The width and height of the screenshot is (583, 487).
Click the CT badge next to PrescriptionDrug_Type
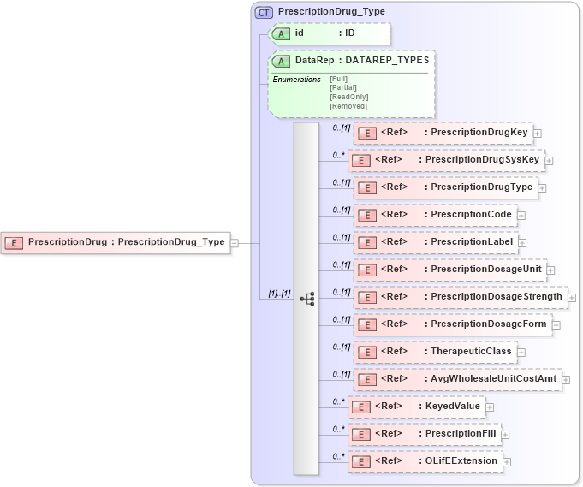(x=265, y=12)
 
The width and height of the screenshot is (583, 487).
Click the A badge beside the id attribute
(x=281, y=33)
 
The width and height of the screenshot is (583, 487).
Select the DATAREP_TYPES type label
(x=387, y=61)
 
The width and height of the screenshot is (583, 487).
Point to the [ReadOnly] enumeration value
(x=348, y=97)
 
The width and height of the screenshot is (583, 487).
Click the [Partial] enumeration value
(x=343, y=87)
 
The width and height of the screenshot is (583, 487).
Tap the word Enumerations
(x=296, y=80)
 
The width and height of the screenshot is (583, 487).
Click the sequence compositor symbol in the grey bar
(x=306, y=299)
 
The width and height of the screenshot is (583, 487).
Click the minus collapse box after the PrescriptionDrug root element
(x=235, y=242)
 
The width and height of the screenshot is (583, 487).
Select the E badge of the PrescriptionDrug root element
(x=13, y=242)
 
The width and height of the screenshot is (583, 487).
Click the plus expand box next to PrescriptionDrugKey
(x=537, y=133)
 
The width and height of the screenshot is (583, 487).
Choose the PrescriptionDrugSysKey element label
(x=482, y=160)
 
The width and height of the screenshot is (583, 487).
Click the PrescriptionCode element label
(x=471, y=215)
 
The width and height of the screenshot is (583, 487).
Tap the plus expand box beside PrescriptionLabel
(x=522, y=242)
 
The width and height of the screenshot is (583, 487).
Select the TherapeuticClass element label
(x=471, y=352)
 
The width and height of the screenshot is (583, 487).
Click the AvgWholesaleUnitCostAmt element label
(x=494, y=379)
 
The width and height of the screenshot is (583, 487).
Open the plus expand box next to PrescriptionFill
(x=505, y=434)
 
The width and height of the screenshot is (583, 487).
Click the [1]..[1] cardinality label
(x=279, y=294)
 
